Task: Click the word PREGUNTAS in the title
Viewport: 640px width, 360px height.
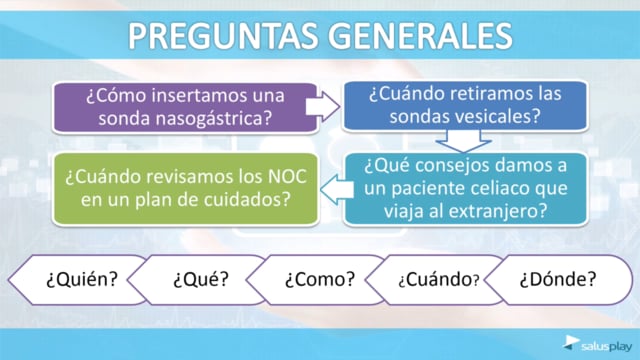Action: point(223,36)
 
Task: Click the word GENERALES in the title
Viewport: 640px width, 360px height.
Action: point(420,36)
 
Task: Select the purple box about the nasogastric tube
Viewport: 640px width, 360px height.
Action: point(185,107)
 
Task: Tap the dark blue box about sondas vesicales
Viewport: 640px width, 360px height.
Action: point(465,106)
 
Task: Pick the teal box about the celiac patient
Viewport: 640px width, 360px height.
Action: point(465,189)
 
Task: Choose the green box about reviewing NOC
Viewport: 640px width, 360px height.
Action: point(185,189)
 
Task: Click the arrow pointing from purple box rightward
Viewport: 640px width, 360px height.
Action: point(322,107)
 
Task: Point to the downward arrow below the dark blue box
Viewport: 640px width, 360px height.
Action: point(464,141)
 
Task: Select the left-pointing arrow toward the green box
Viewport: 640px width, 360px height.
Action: point(337,190)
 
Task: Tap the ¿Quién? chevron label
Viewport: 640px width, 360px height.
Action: point(82,280)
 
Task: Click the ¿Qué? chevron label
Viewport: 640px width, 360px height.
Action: point(201,280)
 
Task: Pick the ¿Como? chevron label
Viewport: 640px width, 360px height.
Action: point(320,280)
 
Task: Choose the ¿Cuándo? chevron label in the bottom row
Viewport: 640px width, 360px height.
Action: point(439,280)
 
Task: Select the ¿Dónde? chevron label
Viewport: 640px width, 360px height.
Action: point(558,280)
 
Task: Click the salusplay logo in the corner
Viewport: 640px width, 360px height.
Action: point(598,344)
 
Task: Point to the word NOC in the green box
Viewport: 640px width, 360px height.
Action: point(287,177)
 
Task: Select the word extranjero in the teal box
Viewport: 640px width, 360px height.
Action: point(489,212)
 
